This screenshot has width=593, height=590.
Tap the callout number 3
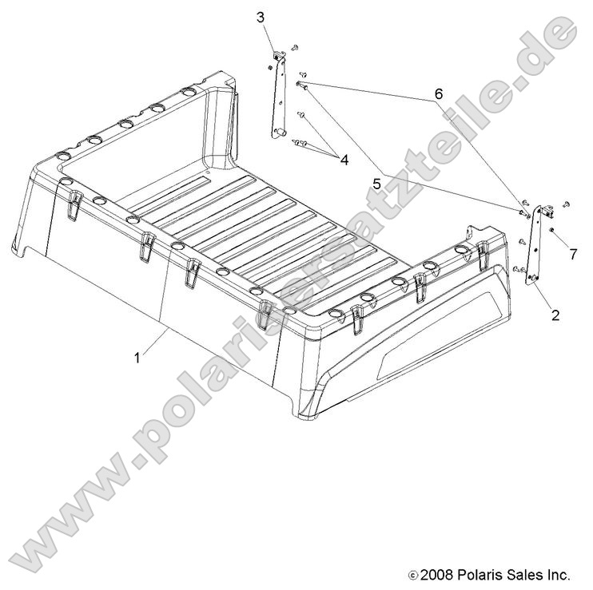point(261,17)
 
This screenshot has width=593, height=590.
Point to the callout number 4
point(344,160)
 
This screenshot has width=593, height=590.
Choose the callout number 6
point(438,93)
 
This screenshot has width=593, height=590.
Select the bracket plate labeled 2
point(535,244)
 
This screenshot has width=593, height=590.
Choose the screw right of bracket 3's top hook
point(295,49)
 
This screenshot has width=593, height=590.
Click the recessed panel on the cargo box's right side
point(431,335)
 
